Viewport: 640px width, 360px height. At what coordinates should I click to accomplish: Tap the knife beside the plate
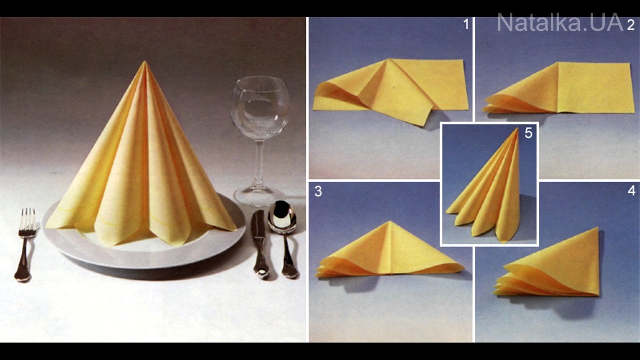tap(259, 243)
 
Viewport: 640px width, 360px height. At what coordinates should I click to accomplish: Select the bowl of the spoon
tap(282, 217)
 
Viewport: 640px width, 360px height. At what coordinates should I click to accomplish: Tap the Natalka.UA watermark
tap(560, 23)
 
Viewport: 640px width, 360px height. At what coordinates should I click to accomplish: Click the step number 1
tap(466, 25)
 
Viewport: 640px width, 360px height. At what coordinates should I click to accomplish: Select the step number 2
tap(631, 25)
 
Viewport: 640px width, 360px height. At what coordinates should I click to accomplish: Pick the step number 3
tap(318, 191)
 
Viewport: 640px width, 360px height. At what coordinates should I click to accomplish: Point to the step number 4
tap(631, 191)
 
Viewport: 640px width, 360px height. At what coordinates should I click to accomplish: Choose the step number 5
tap(528, 133)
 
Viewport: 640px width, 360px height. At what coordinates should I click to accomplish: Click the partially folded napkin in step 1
tap(391, 88)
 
